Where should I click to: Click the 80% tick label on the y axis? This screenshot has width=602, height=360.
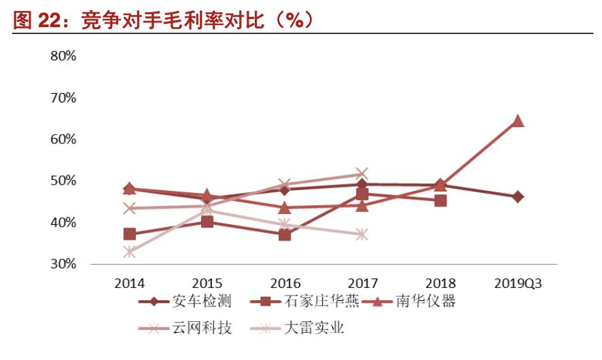63,56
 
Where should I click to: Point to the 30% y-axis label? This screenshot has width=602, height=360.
63,264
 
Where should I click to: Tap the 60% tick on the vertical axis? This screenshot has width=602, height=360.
63,139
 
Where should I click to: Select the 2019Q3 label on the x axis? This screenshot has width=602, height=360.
517,283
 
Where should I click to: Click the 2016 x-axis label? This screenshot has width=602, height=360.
285,283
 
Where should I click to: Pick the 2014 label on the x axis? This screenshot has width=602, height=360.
129,283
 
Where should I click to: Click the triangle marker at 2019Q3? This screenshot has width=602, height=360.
517,121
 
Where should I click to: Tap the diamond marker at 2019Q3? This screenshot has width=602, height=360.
517,197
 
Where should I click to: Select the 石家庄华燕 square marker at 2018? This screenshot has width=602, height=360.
440,200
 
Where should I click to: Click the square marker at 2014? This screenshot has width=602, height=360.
129,234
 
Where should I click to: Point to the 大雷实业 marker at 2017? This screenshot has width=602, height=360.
361,234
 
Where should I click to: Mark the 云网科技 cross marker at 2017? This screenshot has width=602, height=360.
361,175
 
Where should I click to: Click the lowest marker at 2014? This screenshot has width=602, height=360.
129,252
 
